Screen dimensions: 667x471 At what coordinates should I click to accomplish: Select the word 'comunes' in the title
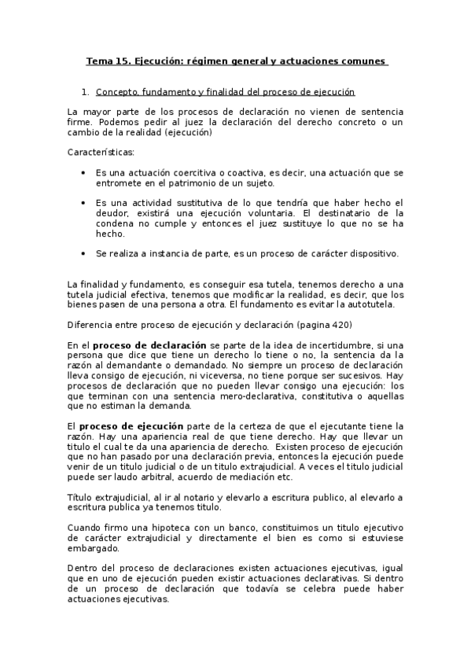pos(362,61)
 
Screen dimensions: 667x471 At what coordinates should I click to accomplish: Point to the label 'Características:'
pos(101,152)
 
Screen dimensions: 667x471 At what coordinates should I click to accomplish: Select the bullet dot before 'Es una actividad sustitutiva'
pos(84,203)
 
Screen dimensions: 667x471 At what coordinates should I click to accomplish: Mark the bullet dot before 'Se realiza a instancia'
pos(84,254)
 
